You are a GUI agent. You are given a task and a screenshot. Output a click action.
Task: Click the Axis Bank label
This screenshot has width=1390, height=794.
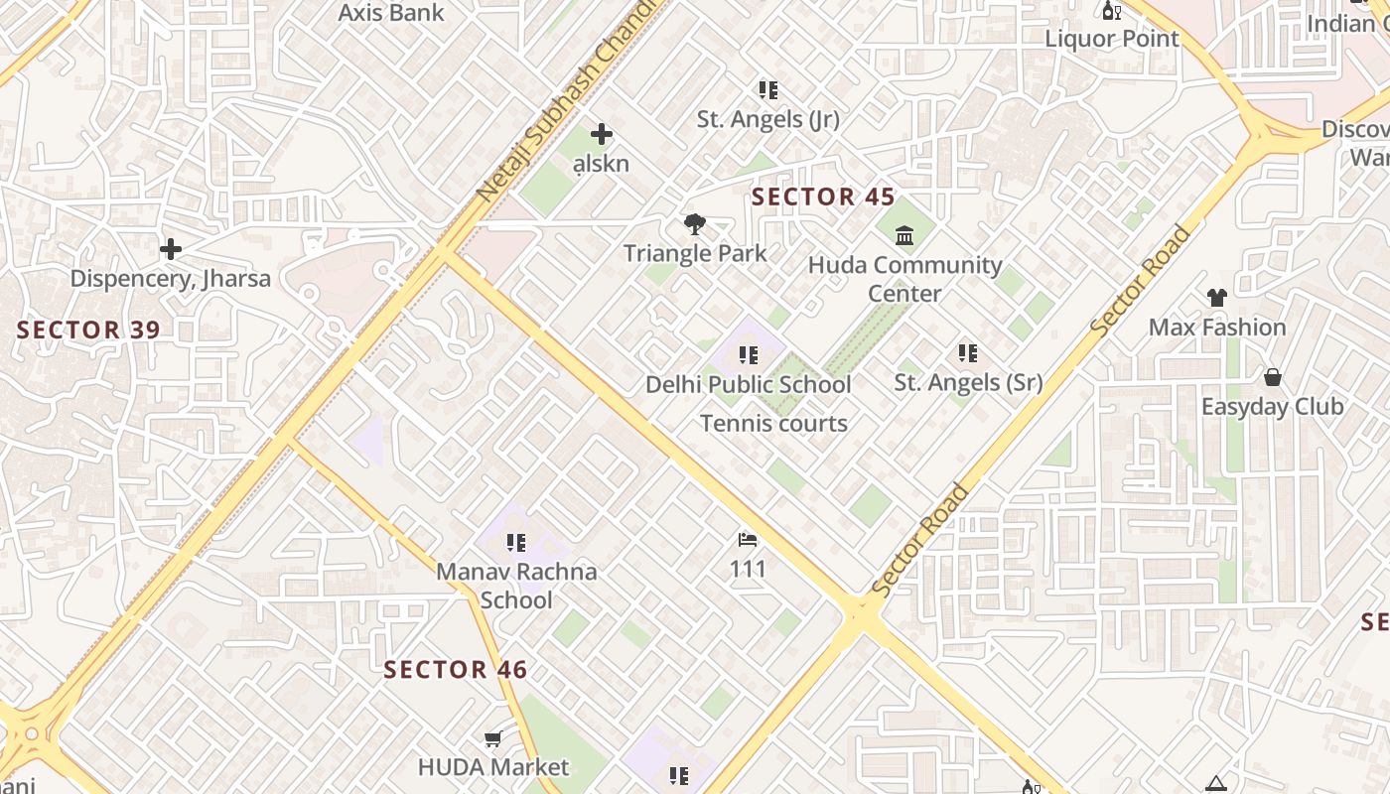click(391, 13)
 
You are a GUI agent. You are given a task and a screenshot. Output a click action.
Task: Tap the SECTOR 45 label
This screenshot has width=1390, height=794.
click(823, 197)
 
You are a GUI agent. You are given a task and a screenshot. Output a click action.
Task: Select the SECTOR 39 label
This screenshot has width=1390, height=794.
click(88, 330)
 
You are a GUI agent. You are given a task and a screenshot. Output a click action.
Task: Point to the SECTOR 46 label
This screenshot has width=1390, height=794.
click(456, 670)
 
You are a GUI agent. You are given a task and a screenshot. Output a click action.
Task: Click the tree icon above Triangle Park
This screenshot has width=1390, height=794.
click(695, 225)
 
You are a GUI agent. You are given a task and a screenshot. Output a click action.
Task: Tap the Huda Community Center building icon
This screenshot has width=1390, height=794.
click(904, 236)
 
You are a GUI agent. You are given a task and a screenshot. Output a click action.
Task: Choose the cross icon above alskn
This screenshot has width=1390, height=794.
click(601, 134)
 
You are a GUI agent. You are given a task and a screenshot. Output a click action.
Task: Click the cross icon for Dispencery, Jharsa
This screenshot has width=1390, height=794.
click(171, 248)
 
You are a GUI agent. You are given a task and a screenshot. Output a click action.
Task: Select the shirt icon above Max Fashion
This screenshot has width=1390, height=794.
click(1216, 297)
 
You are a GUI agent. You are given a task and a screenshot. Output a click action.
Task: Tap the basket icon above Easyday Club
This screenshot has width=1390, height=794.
click(1272, 377)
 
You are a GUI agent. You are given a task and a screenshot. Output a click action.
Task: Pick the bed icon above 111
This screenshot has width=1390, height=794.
click(748, 540)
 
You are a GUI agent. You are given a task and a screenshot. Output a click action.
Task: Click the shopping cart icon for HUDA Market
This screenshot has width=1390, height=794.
click(492, 738)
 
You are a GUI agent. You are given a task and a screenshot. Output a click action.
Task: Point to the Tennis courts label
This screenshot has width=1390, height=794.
click(773, 424)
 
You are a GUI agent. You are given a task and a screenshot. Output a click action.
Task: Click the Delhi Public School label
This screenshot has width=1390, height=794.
click(749, 384)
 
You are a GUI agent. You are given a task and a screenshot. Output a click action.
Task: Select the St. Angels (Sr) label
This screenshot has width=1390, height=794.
click(968, 382)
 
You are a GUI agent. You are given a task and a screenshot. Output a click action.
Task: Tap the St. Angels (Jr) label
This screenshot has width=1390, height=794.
click(767, 119)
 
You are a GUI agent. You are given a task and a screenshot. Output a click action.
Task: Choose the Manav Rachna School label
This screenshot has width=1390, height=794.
click(516, 586)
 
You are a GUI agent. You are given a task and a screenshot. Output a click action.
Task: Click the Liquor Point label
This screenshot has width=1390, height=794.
click(1112, 39)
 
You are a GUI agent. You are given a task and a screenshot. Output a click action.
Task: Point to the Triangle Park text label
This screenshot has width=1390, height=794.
click(695, 253)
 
